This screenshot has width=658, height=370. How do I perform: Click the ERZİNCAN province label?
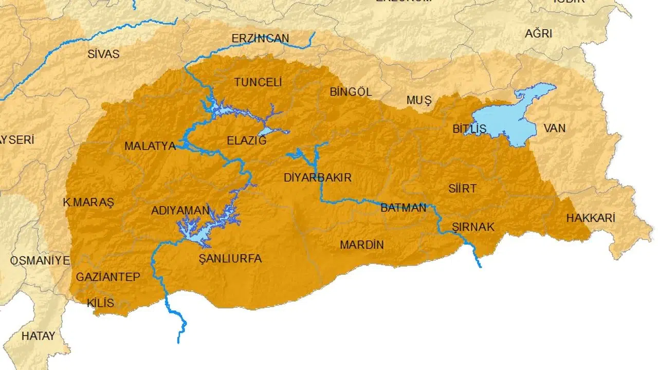260,39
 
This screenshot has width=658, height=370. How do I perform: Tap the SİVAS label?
103,54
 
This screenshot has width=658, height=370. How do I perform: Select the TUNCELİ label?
258,82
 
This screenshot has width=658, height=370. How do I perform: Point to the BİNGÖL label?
351,92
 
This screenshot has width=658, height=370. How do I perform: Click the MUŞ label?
419,101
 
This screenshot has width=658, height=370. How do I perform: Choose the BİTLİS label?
469,129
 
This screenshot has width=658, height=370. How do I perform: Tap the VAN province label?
554,127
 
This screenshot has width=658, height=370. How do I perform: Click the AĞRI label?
538,34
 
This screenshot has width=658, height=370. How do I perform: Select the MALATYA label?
150,146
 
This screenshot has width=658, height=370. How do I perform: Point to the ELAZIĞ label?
247,140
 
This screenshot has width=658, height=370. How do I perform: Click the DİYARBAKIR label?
318,178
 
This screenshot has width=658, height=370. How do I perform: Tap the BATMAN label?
404,208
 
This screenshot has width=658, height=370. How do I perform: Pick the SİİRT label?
462,189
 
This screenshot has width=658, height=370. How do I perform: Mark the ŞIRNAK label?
473,227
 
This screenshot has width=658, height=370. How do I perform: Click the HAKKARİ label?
591,218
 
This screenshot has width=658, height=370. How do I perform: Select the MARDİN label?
361,245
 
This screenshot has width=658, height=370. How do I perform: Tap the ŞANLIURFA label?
230,258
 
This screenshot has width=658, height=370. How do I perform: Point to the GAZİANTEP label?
108,277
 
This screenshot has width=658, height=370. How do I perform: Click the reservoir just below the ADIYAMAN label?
198,234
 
